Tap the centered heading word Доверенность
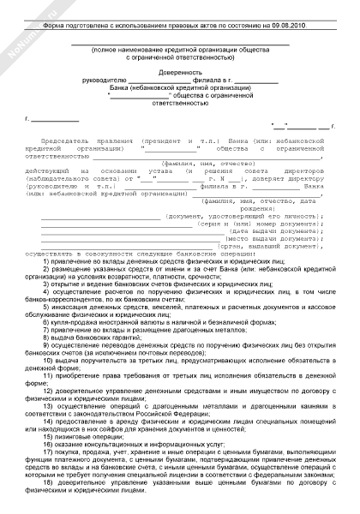point(180,72)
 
